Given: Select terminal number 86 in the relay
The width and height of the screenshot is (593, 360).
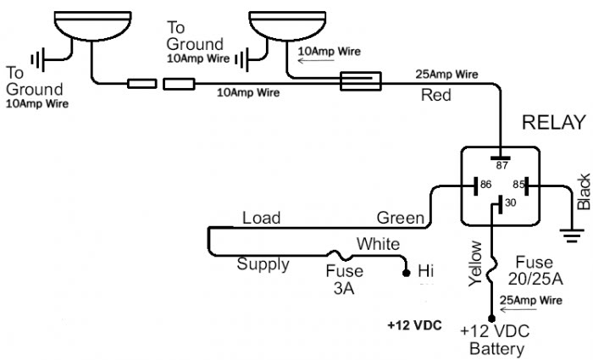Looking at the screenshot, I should (x=485, y=183).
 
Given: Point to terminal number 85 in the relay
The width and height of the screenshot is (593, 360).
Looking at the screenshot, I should (x=517, y=183).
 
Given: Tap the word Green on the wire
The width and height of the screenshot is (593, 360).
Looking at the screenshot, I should (x=400, y=219).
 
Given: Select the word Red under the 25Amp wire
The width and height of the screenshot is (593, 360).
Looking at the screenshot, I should (x=437, y=96).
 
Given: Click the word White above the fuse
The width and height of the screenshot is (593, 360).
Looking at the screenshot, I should (x=378, y=244).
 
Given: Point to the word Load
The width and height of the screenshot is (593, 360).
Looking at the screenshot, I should (x=261, y=218).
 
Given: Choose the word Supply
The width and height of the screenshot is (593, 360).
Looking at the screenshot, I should (x=263, y=264).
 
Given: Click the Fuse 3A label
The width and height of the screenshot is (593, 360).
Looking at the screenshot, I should (x=344, y=279).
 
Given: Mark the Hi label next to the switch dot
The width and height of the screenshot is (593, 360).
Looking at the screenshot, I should (x=425, y=271).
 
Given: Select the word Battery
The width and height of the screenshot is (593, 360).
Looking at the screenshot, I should (x=498, y=348).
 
